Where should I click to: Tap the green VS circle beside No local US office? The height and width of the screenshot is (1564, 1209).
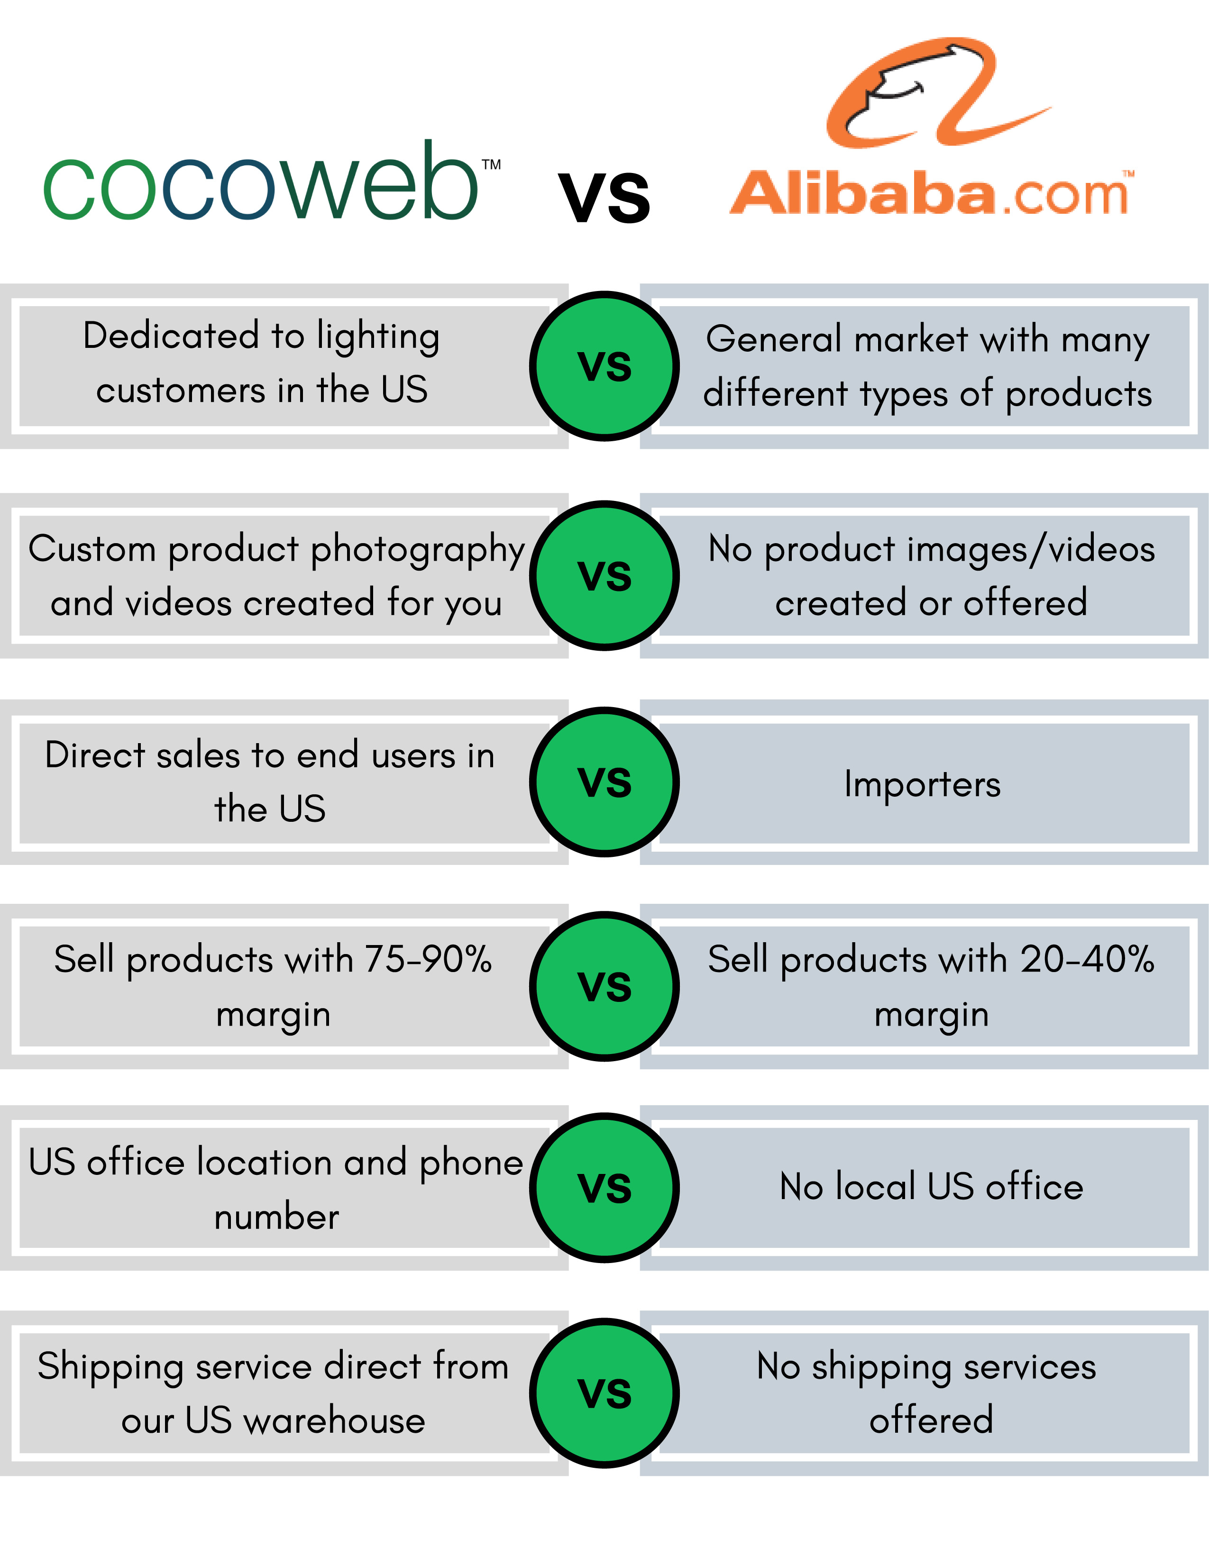(604, 1187)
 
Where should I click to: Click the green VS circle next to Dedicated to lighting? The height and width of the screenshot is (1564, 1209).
(604, 366)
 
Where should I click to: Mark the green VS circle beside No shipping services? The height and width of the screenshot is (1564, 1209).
(604, 1393)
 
